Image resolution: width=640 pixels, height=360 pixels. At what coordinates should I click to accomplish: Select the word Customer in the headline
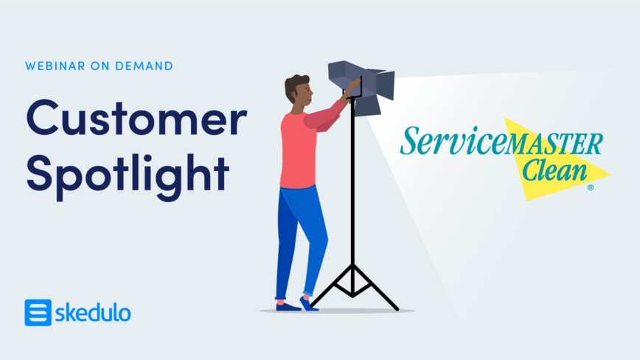tap(136, 117)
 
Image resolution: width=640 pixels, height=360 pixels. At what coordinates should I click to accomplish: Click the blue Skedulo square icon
tap(38, 313)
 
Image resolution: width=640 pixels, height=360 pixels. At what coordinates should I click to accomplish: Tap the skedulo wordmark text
tap(93, 314)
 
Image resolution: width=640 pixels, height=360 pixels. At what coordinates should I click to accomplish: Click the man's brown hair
tap(294, 86)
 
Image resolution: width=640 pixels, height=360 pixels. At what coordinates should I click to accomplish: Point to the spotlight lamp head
tap(361, 86)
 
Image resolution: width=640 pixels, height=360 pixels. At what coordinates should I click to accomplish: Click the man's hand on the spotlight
tap(353, 86)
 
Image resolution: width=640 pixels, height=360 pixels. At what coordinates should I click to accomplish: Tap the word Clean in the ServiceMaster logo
tap(554, 170)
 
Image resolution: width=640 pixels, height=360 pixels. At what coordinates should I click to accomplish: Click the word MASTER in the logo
tap(554, 144)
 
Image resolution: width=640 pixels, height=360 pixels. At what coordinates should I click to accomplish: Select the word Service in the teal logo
tap(453, 141)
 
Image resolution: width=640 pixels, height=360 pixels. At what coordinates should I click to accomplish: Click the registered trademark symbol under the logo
tap(590, 188)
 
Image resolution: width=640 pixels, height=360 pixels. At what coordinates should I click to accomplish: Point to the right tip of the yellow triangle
tap(611, 174)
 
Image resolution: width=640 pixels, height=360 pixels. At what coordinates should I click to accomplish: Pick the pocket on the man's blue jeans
tap(293, 200)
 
